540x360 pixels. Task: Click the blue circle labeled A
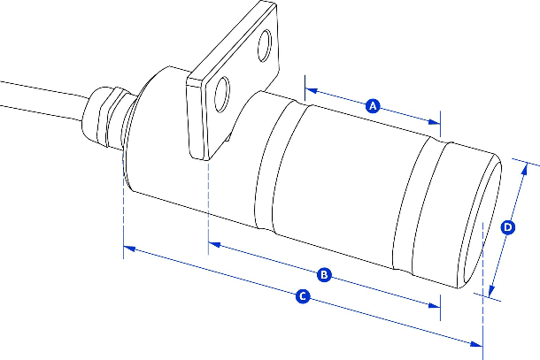pos(373,106)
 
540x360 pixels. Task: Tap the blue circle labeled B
pos(324,275)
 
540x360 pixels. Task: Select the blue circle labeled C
pos(303,296)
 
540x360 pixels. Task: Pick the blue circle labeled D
pos(507,227)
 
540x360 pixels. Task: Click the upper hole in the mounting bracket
pos(265,46)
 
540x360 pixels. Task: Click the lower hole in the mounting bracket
pos(222,95)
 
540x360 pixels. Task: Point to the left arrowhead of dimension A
pos(311,91)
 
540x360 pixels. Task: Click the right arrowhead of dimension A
pos(435,122)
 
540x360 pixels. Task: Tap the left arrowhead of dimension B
pos(214,245)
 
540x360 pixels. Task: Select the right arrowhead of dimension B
pos(435,305)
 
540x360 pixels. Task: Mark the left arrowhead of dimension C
pos(129,248)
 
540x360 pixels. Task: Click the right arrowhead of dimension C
pos(476,343)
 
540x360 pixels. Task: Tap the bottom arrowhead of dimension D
pos(491,291)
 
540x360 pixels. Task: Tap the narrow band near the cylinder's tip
pos(422,203)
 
